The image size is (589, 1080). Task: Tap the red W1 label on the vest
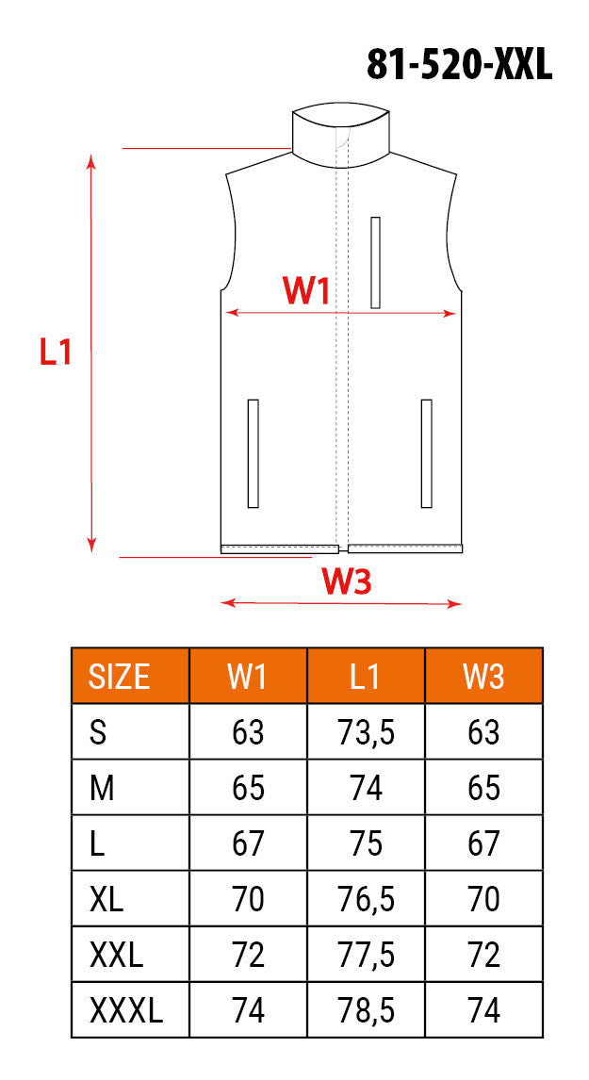coord(306,291)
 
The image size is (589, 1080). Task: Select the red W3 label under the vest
coord(348,582)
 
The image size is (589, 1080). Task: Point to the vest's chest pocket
coord(375,262)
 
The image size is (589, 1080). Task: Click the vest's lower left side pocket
coord(253,453)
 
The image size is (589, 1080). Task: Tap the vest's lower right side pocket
coord(426,453)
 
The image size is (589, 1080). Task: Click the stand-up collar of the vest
coord(340,137)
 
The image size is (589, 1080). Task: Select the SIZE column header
coord(119,677)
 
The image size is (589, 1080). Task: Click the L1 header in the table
coord(365,677)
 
